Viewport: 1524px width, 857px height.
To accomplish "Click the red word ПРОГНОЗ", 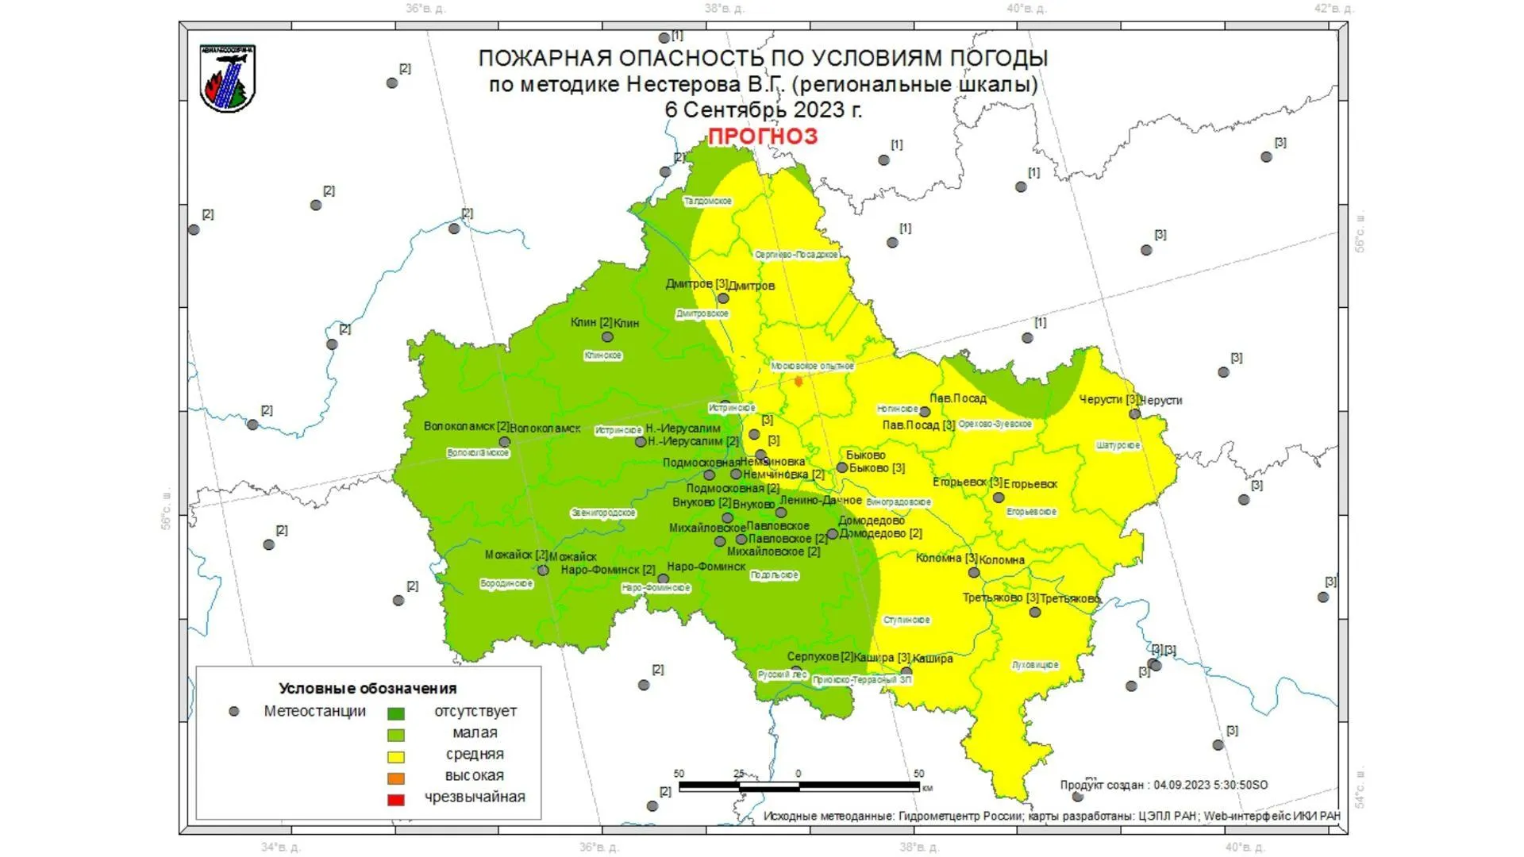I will pos(762,136).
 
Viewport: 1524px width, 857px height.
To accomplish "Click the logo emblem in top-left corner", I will pos(228,79).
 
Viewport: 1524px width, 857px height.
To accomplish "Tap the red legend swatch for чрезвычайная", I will pos(395,800).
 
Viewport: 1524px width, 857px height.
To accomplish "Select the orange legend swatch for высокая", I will pos(395,778).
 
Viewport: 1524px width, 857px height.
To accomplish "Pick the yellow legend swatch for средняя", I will pos(395,757).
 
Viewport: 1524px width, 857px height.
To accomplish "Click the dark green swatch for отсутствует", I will pos(395,714).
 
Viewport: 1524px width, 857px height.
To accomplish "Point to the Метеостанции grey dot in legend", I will pos(233,712).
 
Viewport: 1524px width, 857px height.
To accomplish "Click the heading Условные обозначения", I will pos(368,689).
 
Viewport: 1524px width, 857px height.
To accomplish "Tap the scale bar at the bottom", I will pos(799,786).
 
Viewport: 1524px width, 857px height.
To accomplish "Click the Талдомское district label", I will pos(708,202).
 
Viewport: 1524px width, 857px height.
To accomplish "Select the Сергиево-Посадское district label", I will pos(796,255).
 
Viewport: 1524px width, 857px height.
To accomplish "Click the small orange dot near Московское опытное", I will pos(799,382).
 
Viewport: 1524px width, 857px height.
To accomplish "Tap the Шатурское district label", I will pos(1118,446).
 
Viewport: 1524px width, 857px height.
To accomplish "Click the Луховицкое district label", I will pos(1035,665).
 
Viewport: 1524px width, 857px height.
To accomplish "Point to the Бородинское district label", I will pos(506,584).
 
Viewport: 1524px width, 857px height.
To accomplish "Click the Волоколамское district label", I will pos(478,453).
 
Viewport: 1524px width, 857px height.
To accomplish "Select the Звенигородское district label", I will pos(603,513).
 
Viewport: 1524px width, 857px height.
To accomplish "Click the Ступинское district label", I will pos(906,621).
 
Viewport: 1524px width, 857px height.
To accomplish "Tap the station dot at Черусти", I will pos(1134,414).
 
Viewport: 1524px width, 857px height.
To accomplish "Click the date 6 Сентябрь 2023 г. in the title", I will pos(762,110).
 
